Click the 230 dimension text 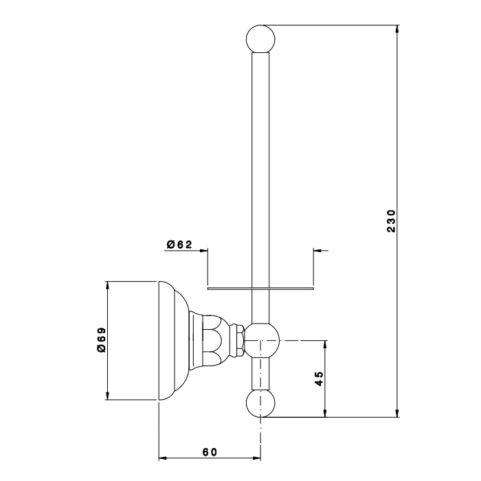(390, 221)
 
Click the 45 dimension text (319, 379)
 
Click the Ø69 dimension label (100, 339)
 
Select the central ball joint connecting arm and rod (263, 340)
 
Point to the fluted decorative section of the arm (217, 340)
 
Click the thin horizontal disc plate (261, 289)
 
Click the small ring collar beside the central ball (238, 340)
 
